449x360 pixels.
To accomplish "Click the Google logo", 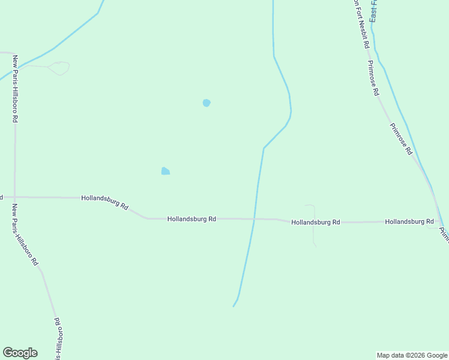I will point(20,353).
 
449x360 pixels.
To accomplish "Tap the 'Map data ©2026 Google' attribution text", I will point(412,355).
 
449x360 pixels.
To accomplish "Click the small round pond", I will point(206,103).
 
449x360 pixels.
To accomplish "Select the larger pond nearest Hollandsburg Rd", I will point(165,172).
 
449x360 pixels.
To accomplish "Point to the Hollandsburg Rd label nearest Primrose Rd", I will point(409,221).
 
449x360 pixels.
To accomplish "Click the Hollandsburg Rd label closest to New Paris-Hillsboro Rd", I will point(105,202).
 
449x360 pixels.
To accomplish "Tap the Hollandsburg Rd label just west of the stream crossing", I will point(191,219).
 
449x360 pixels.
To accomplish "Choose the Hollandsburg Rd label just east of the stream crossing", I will point(316,222).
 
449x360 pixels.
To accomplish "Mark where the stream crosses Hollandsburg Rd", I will point(254,220).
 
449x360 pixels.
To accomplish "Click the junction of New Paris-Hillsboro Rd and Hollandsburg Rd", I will point(15,197).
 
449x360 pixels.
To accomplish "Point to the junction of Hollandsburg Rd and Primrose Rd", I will point(437,221).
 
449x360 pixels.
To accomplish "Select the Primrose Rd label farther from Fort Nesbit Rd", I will point(401,139).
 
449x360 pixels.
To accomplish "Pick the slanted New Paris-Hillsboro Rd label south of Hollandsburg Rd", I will point(25,235).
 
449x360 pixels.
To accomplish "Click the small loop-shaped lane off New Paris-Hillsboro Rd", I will point(59,68).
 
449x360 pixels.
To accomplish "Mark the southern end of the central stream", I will point(234,306).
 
